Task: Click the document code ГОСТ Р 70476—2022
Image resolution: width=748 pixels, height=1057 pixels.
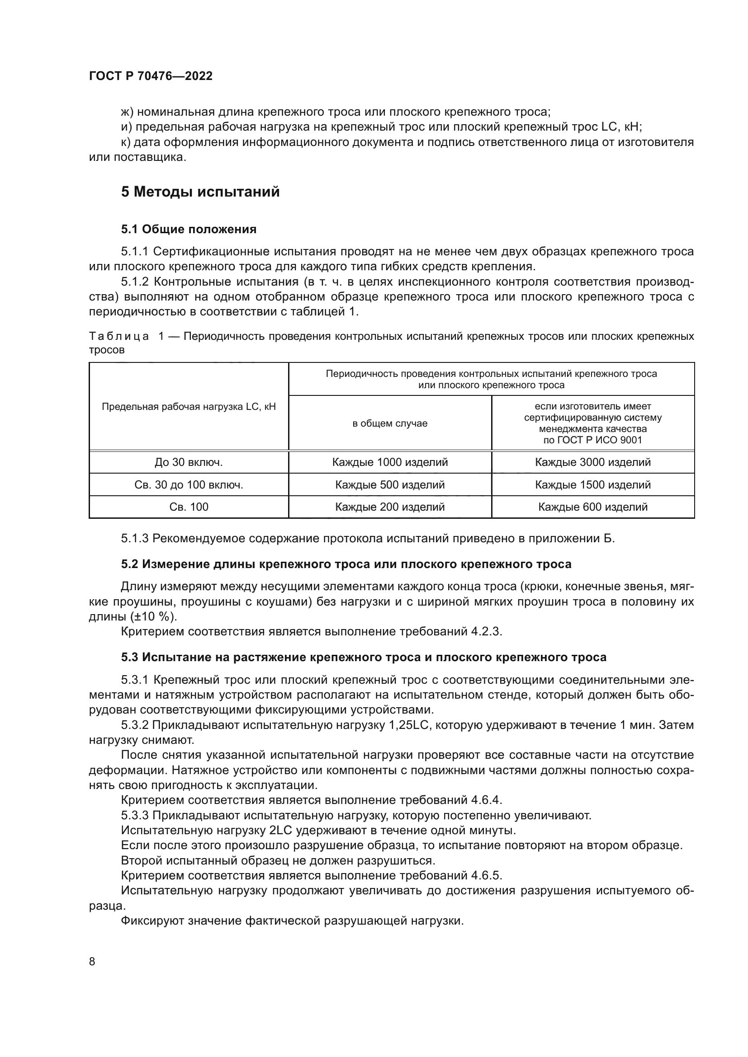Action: [x=151, y=76]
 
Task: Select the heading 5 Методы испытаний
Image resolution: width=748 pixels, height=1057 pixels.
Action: [x=200, y=192]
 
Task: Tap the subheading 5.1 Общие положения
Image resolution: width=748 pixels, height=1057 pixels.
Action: [x=189, y=229]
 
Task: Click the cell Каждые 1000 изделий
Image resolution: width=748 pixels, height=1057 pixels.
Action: [x=390, y=462]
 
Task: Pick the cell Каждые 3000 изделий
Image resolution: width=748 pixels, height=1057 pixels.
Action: [x=592, y=462]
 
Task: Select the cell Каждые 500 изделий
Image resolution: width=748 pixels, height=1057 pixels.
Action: [x=390, y=485]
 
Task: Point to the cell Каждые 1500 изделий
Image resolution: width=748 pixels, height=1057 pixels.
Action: [x=592, y=485]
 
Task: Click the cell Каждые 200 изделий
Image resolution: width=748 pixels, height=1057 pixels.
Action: [x=390, y=507]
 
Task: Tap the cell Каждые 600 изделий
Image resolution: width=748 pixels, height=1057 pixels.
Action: [x=592, y=507]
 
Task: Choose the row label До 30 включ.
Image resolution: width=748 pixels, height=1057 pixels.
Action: [x=189, y=462]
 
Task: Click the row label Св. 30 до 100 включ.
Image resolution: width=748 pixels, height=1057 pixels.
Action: [x=189, y=485]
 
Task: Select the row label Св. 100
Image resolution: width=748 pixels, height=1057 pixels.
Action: [x=189, y=507]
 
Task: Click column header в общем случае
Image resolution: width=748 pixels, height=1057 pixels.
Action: [x=390, y=423]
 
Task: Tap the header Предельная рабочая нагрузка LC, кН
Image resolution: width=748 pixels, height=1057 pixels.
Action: [x=189, y=407]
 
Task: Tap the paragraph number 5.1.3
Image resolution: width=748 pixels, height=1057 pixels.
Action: [x=134, y=538]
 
